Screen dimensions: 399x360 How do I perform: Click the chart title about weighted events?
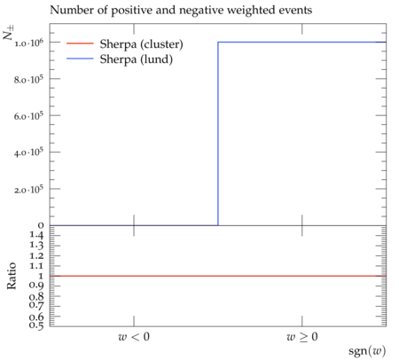click(181, 11)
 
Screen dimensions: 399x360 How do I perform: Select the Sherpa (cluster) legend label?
click(141, 44)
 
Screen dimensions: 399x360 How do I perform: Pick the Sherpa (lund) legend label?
click(137, 59)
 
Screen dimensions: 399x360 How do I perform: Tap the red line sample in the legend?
click(80, 43)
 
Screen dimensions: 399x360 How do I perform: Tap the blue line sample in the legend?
click(80, 59)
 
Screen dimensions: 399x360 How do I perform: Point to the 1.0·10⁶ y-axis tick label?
click(28, 43)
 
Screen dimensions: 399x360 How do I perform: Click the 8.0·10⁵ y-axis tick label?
click(28, 80)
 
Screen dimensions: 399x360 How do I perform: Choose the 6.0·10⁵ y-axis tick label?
click(28, 116)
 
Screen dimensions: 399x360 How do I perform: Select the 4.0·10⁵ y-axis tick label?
click(28, 153)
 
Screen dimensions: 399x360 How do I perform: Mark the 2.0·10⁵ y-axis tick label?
click(28, 190)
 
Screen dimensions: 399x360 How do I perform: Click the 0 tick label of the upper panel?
click(41, 225)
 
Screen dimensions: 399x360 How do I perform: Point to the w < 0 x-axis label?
click(134, 337)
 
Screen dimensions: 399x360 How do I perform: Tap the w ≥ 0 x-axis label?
click(302, 337)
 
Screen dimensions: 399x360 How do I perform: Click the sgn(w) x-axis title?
click(367, 351)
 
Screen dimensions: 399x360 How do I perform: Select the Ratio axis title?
click(12, 276)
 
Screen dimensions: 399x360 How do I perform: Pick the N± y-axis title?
click(9, 33)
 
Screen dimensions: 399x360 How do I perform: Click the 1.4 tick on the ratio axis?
click(36, 235)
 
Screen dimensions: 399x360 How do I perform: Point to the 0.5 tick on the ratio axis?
click(36, 325)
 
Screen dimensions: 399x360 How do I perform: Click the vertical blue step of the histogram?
click(218, 134)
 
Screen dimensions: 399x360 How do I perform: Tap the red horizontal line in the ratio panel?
click(218, 276)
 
